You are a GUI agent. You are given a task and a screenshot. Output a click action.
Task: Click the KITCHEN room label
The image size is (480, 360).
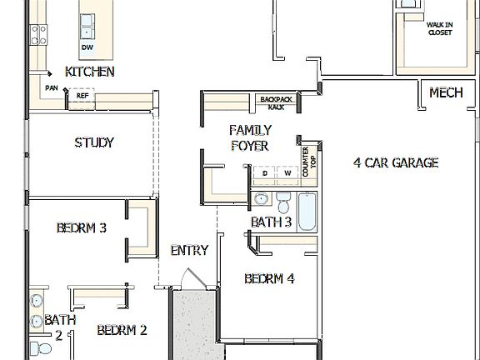click(x=89, y=72)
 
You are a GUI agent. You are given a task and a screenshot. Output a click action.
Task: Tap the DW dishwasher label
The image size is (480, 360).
click(x=87, y=47)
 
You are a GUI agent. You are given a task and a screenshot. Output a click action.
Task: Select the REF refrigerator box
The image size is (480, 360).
click(x=82, y=96)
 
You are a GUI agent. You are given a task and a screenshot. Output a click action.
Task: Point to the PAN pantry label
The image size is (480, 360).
click(x=52, y=87)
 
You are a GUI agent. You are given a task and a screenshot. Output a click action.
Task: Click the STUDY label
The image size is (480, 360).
click(x=93, y=142)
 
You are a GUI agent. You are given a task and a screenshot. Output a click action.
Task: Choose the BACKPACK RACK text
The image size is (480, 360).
click(x=271, y=103)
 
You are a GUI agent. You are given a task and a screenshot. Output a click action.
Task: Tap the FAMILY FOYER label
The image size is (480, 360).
click(x=248, y=137)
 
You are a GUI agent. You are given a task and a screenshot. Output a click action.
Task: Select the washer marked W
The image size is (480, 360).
click(x=287, y=173)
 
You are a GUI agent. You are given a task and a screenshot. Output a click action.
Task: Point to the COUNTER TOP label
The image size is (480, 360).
click(x=310, y=163)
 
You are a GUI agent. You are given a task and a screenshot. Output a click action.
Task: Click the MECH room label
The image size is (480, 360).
click(x=446, y=93)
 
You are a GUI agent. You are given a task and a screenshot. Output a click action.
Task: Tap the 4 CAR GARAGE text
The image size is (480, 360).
click(x=396, y=162)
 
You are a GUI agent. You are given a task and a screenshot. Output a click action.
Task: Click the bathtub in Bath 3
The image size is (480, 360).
click(x=307, y=212)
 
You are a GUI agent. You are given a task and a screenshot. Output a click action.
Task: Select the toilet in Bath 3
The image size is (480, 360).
click(x=282, y=203)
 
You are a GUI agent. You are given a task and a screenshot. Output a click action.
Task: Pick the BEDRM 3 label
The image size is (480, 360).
click(x=81, y=227)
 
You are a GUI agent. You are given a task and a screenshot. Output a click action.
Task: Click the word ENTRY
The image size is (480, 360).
click(x=189, y=250)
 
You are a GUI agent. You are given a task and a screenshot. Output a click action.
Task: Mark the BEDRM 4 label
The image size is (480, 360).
click(x=269, y=279)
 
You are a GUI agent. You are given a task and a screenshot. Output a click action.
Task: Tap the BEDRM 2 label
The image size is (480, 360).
click(x=122, y=330)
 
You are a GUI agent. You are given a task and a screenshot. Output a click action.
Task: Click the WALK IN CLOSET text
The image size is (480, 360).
click(x=439, y=29)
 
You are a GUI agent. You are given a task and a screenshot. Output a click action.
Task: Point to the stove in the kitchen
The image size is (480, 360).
click(x=38, y=33)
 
